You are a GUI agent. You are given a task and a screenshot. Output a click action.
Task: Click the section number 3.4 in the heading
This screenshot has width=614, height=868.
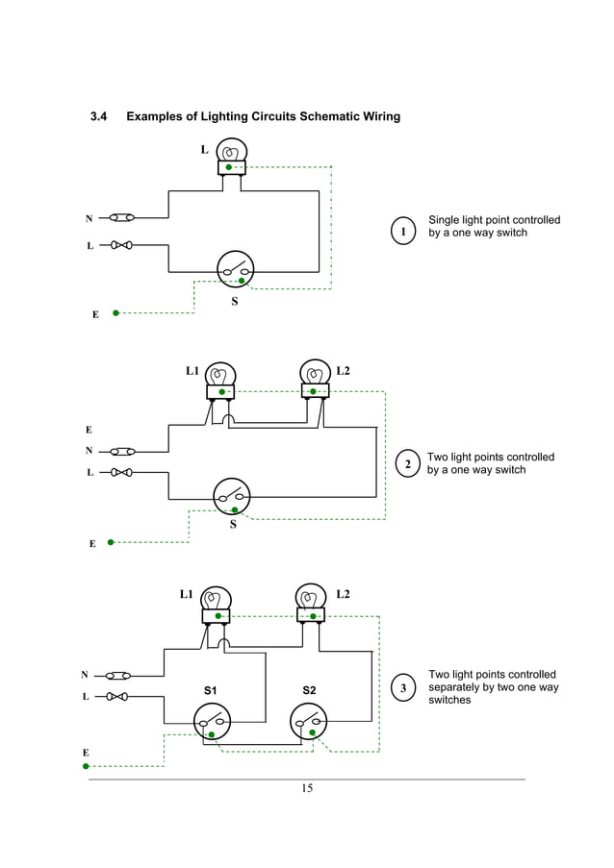[x=97, y=117]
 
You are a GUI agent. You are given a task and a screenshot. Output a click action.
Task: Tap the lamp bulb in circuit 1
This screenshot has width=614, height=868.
[x=232, y=151]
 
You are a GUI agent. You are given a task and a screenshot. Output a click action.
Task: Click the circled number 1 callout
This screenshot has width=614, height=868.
[x=403, y=231]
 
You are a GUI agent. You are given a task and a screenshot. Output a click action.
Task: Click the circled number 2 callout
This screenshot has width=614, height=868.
[x=408, y=465]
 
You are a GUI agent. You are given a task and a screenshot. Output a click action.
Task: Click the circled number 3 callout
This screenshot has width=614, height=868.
[x=403, y=688]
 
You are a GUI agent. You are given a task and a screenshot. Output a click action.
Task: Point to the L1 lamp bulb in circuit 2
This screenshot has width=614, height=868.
[x=221, y=375]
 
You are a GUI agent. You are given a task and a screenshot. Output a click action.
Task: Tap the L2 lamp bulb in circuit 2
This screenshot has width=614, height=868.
[x=315, y=373]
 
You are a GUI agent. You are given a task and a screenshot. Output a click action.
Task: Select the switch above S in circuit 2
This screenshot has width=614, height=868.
[x=232, y=496]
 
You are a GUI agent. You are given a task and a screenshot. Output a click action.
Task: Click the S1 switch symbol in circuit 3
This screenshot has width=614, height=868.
[x=212, y=721]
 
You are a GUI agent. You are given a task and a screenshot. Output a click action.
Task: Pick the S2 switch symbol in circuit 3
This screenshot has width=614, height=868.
[x=309, y=721]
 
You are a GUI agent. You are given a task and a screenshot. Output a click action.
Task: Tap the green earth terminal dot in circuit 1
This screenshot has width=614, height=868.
[x=116, y=312]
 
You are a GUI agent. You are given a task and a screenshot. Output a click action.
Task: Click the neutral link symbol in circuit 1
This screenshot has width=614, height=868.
[x=122, y=217]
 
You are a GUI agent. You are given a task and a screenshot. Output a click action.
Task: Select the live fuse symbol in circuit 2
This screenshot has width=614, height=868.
[x=121, y=472]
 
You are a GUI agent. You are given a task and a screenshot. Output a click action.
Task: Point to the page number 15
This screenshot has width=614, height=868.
[x=307, y=789]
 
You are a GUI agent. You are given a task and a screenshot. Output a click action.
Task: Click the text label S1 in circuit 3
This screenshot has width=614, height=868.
[x=211, y=690]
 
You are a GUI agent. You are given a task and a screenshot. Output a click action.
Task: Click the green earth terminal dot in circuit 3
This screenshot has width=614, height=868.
[x=87, y=766]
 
